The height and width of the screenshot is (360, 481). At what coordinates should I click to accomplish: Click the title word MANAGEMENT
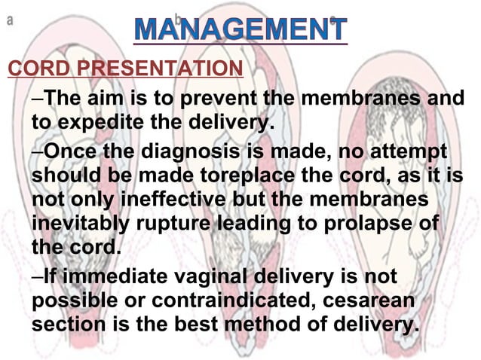point(241,29)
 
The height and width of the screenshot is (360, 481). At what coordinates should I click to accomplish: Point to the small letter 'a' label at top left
point(10,20)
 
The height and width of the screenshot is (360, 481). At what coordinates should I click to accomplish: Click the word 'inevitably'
point(84,224)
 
